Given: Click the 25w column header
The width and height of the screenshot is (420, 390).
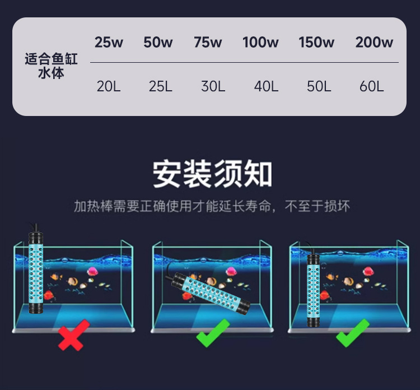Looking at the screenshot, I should point(109,43).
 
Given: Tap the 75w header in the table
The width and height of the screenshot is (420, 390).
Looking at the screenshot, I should point(208,43).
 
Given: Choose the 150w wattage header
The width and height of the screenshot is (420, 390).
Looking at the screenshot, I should point(316,43).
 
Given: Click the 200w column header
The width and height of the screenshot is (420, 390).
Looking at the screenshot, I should point(374,43).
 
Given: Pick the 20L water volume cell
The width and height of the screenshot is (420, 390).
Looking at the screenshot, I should point(109,86).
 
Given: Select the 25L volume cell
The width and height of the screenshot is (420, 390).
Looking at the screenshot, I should point(160,86).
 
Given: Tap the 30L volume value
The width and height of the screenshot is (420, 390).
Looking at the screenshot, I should point(213,86).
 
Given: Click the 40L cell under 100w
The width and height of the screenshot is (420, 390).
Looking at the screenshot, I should point(266,86).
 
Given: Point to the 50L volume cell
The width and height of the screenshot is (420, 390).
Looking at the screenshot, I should point(319,86).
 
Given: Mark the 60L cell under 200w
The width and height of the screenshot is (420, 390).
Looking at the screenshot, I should point(372,86).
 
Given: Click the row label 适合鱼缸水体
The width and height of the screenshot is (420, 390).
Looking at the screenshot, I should point(51,66).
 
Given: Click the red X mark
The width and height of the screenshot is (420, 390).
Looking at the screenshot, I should point(73,335).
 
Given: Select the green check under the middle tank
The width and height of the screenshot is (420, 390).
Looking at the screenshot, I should point(213,332).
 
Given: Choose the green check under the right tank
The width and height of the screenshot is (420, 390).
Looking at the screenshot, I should point(352,332).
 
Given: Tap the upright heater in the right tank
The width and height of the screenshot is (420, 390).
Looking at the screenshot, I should point(312,289).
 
